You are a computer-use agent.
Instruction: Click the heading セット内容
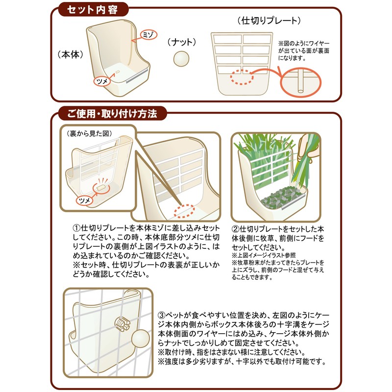pos(92,9)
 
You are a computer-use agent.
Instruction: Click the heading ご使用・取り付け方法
pos(112,115)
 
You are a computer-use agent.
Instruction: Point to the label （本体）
pos(69,53)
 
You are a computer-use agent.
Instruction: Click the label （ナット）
pos(182,42)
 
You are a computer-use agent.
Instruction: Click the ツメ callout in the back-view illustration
pos(84,201)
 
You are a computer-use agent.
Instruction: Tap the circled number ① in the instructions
pos(77,229)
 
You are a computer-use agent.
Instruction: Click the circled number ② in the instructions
pos(235,229)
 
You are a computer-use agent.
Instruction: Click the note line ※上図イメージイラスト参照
pos(265,255)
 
